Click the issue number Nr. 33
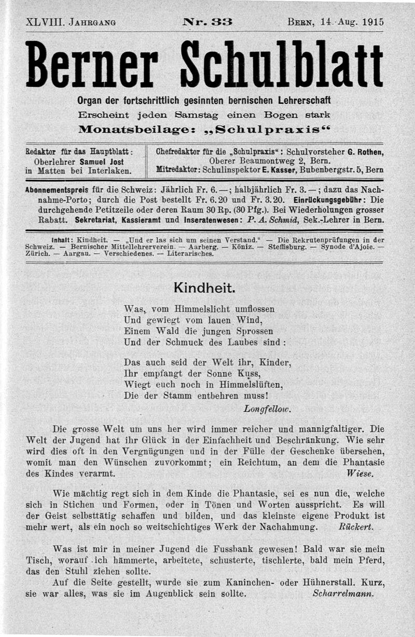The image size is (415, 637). (x=208, y=22)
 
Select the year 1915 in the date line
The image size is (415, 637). (x=373, y=22)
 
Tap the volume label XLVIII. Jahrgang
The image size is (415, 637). (x=70, y=22)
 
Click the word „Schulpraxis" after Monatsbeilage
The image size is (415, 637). (x=282, y=128)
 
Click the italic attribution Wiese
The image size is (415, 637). (x=359, y=473)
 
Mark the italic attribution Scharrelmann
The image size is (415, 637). (x=343, y=594)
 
